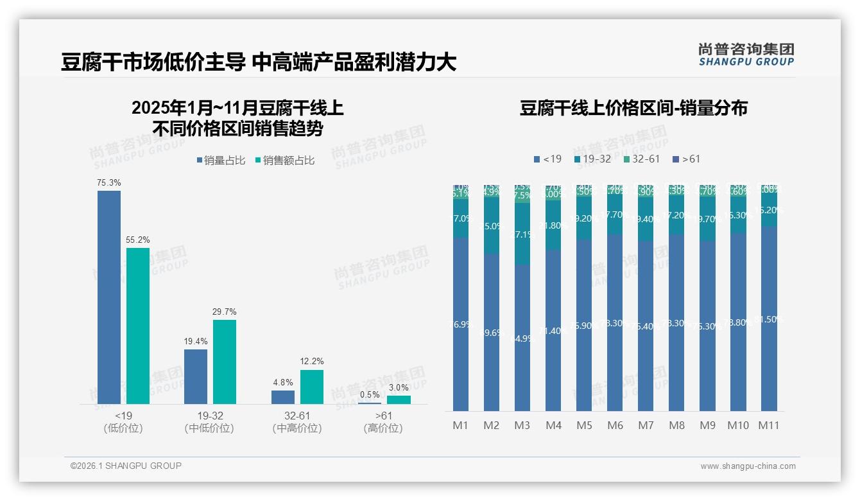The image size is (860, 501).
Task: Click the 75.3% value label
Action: point(109,183)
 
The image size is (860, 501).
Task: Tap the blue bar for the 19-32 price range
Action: point(196,376)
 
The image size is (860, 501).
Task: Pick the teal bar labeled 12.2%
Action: point(312,387)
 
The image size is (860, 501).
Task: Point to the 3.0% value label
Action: point(399,388)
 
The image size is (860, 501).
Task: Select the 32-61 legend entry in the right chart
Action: point(641,159)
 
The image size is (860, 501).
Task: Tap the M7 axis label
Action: point(646,425)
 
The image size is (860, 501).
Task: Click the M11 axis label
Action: point(768,425)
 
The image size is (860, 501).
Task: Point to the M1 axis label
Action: point(461,425)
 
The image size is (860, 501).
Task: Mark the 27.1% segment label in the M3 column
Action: point(522,235)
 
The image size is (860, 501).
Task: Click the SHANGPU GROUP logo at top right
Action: point(746,55)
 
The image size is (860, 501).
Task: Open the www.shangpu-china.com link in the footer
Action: point(748,466)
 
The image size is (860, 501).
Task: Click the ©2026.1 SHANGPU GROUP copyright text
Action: point(126,466)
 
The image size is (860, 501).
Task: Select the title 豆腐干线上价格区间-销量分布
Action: point(633,108)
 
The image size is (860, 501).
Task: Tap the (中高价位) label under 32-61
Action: point(297,428)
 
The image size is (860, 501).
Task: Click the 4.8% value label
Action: point(283,383)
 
